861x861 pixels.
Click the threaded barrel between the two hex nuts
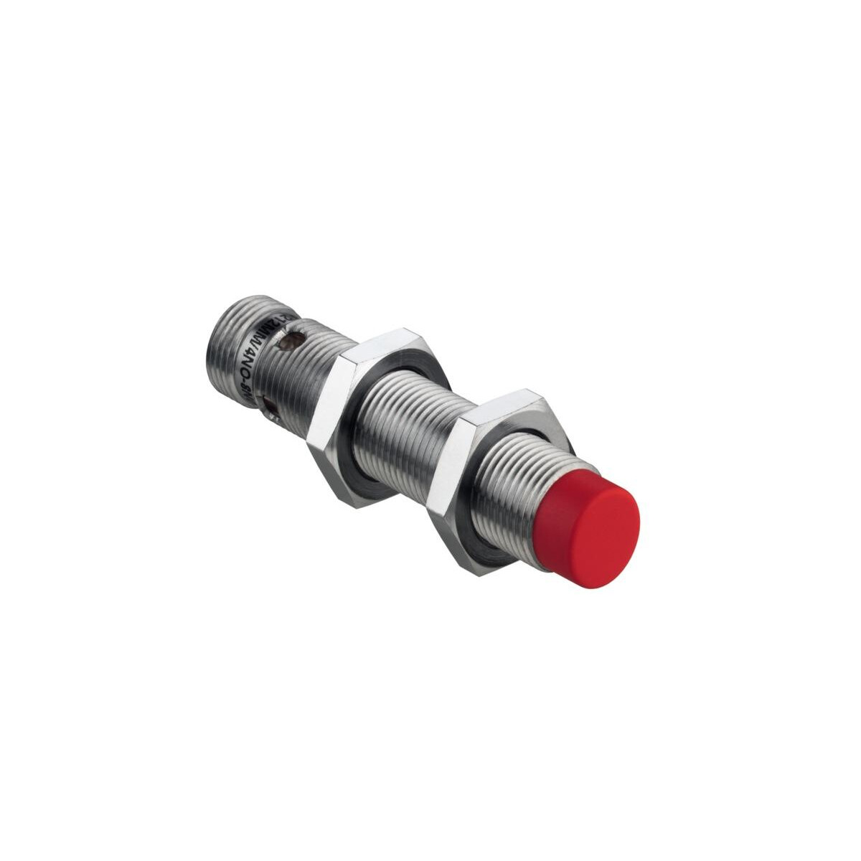point(402,430)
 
